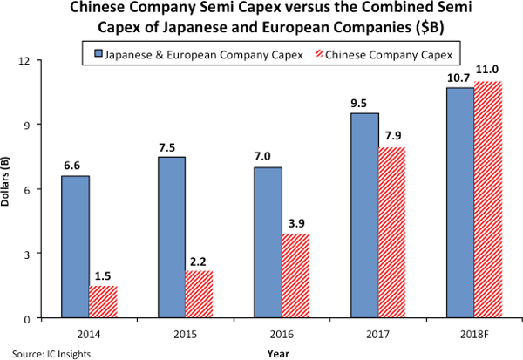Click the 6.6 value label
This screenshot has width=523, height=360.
[x=74, y=165]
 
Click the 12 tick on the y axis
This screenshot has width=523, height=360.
[x=38, y=60]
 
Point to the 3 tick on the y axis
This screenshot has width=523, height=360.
[x=41, y=254]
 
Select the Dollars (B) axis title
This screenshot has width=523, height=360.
[x=10, y=188]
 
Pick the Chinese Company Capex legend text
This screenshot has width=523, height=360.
[x=400, y=56]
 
